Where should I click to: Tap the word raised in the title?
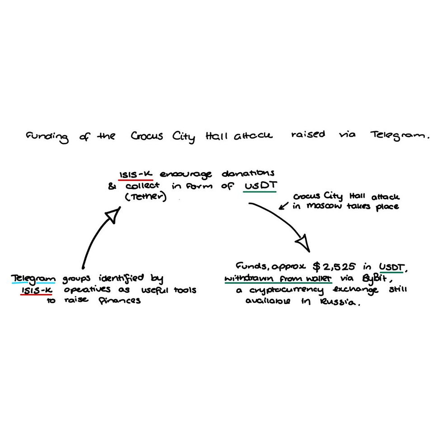tap(308, 135)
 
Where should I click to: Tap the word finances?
tap(119, 301)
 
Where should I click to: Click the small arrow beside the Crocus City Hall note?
tap(284, 206)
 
